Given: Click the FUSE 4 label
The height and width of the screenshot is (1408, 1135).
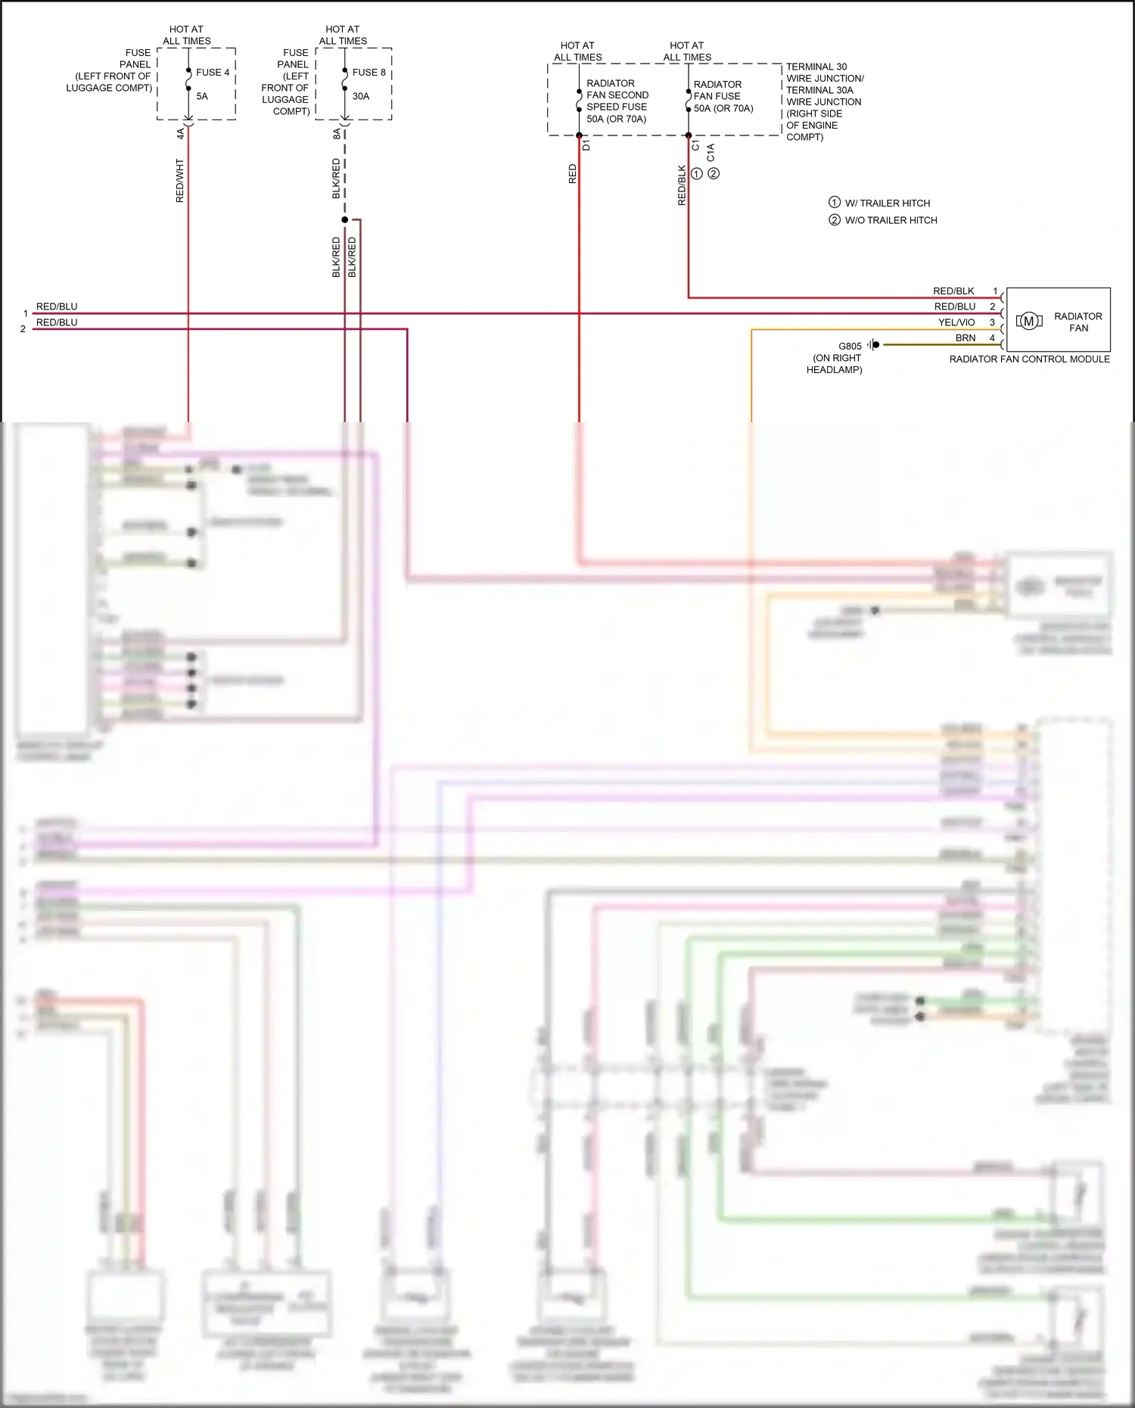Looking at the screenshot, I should click(x=212, y=73).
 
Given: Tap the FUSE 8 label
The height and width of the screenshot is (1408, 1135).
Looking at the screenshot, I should click(x=368, y=73).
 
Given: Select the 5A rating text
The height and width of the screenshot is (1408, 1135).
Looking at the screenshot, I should click(x=202, y=96).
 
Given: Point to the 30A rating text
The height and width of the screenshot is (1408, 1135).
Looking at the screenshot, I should click(x=361, y=96).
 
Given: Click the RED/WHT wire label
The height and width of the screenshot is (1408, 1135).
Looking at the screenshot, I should click(x=180, y=180).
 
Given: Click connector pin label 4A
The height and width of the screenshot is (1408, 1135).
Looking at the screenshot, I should click(x=180, y=134).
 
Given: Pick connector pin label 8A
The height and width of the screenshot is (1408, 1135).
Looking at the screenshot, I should click(x=337, y=134).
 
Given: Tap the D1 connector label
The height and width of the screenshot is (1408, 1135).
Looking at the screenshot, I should click(x=586, y=145).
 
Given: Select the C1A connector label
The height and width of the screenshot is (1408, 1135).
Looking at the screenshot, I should click(x=711, y=153).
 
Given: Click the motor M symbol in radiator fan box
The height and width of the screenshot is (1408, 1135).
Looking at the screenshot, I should click(x=1028, y=322).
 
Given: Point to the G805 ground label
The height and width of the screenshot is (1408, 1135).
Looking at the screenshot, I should click(x=850, y=346).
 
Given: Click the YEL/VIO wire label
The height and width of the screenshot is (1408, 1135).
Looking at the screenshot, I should click(x=956, y=322).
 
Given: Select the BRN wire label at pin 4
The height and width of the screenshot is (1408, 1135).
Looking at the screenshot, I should click(x=966, y=338).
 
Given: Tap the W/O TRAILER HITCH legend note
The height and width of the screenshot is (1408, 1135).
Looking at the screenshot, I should click(x=891, y=220).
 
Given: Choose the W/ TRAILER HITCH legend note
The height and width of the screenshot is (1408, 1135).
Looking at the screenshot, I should click(x=887, y=204).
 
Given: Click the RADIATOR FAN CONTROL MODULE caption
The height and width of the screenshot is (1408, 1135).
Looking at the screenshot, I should click(x=1029, y=359).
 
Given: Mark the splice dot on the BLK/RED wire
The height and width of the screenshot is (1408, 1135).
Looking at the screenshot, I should click(x=345, y=220).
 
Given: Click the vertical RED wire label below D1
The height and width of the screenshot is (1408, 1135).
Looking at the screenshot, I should click(x=573, y=174).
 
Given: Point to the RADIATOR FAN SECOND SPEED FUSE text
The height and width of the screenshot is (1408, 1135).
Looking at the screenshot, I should click(x=617, y=101).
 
